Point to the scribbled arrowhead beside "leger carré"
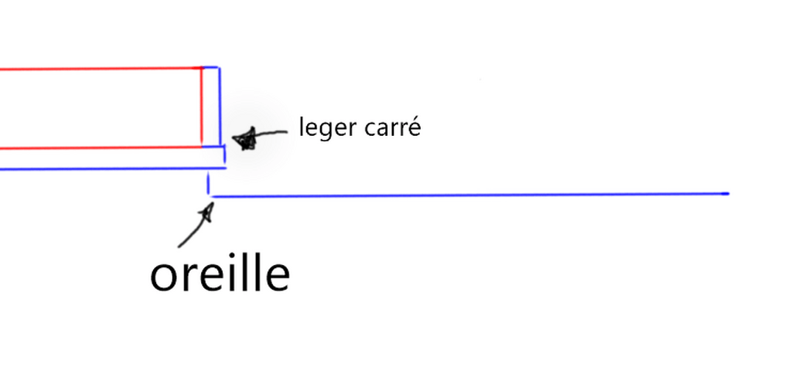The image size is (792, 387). click(245, 139)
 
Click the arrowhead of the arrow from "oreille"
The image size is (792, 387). click(207, 212)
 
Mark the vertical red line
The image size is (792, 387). click(202, 107)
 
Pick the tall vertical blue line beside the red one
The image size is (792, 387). click(219, 107)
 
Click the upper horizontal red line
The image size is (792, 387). click(101, 68)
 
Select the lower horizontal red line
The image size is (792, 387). click(101, 148)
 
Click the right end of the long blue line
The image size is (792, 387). click(728, 193)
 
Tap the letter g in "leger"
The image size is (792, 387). click(328, 131)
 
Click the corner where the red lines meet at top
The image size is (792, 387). click(202, 68)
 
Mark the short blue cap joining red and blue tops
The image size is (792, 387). click(210, 66)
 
